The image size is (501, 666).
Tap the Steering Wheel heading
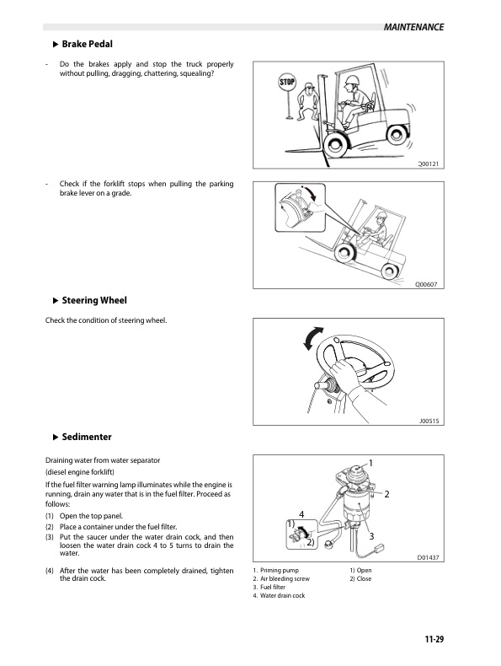94,300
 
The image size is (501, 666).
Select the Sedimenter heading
88,437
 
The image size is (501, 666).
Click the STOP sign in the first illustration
287,83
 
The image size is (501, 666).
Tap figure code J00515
430,421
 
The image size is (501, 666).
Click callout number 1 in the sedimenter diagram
370,463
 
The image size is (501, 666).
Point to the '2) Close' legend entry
360,579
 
